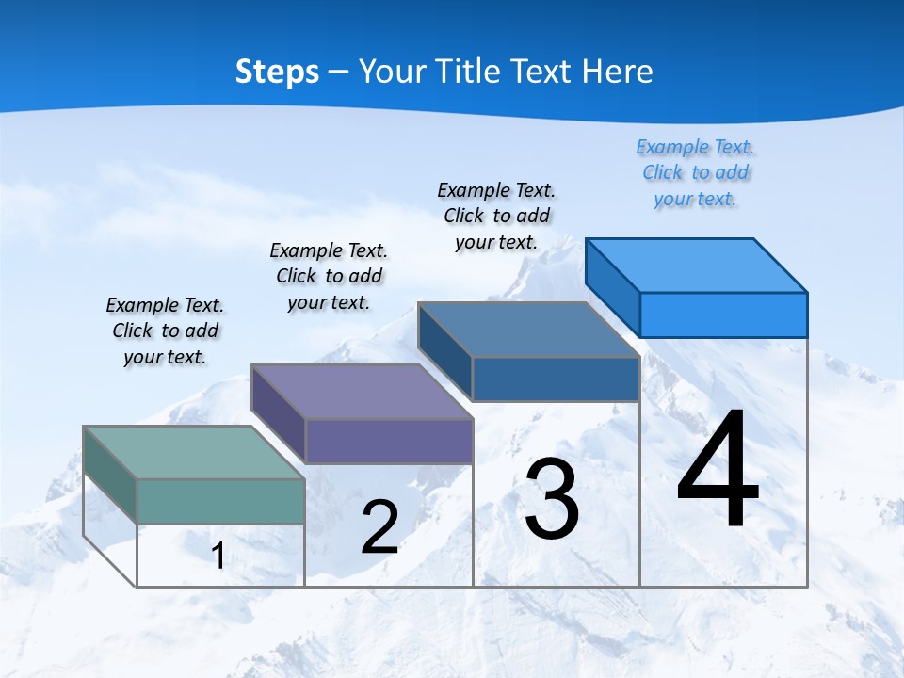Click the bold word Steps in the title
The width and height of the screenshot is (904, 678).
point(277,73)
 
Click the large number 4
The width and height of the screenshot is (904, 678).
point(718,471)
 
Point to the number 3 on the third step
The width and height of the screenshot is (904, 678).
point(552,499)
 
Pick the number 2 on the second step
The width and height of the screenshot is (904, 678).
point(380,528)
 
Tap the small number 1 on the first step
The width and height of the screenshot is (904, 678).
point(218,557)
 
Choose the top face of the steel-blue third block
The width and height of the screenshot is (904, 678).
point(528,330)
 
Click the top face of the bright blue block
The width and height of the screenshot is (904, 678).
point(696,266)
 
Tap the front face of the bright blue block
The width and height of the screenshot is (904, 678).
point(723,315)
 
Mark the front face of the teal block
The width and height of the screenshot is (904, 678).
point(220,501)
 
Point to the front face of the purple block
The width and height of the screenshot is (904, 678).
point(389,441)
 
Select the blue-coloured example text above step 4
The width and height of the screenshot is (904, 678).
point(695,173)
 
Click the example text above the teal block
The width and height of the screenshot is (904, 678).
point(165,331)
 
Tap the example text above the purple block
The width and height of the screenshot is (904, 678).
point(329,276)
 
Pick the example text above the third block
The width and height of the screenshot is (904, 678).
point(496,216)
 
